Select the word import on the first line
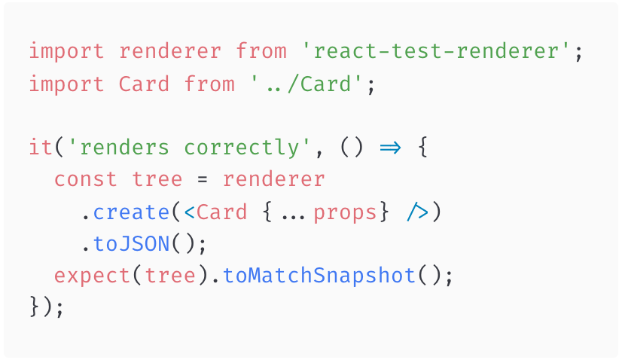click(x=67, y=52)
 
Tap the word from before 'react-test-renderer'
click(x=261, y=52)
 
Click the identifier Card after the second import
click(x=145, y=84)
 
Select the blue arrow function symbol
click(x=391, y=148)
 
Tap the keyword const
click(x=86, y=179)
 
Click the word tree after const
click(x=157, y=179)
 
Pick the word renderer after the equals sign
click(x=274, y=179)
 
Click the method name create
click(x=132, y=212)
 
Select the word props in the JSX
click(x=345, y=212)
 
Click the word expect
click(x=93, y=276)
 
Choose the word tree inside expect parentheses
click(x=170, y=276)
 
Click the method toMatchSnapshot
click(x=319, y=276)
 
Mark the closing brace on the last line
click(x=35, y=308)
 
